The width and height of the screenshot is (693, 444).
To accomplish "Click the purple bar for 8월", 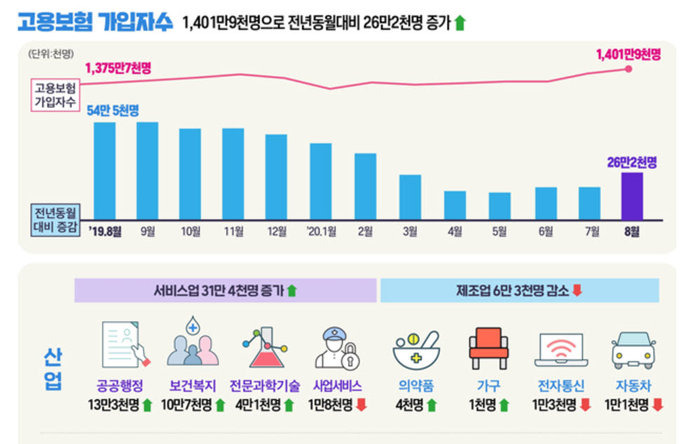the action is pos(632,196).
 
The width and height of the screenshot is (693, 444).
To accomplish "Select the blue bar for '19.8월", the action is pos(105,171).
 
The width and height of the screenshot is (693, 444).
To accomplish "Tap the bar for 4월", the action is pos(455,206).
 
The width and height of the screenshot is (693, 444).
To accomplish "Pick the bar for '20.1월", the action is pos(321,182).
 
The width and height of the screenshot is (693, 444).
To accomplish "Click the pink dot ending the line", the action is pos(628,69).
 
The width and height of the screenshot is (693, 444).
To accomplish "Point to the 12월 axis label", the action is pos(277,231).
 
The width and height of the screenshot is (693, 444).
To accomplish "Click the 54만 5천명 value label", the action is pos(113,110).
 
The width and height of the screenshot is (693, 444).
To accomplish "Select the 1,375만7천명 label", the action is pos(118,68).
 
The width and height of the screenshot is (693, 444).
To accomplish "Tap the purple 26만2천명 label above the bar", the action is pos(632,163).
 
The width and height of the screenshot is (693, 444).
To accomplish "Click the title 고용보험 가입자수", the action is pos(95,21).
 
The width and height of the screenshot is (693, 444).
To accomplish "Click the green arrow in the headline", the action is pos(460,22).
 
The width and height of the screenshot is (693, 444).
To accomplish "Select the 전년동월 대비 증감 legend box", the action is pos(55,220).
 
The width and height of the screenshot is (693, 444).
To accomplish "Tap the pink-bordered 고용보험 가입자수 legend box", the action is pos(55,95).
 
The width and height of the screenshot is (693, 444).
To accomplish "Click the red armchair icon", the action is pos(488,348).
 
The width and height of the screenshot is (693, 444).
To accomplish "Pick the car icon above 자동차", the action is pos(633,350).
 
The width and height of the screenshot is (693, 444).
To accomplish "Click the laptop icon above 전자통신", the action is pos(561,350).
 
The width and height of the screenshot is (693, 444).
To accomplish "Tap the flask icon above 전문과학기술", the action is pos(264,347).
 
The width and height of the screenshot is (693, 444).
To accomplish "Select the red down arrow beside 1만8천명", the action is pos(361,405).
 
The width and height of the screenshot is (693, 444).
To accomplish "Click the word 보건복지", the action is pos(193,386).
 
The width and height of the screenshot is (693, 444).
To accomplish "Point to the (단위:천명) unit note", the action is pos(51,54).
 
